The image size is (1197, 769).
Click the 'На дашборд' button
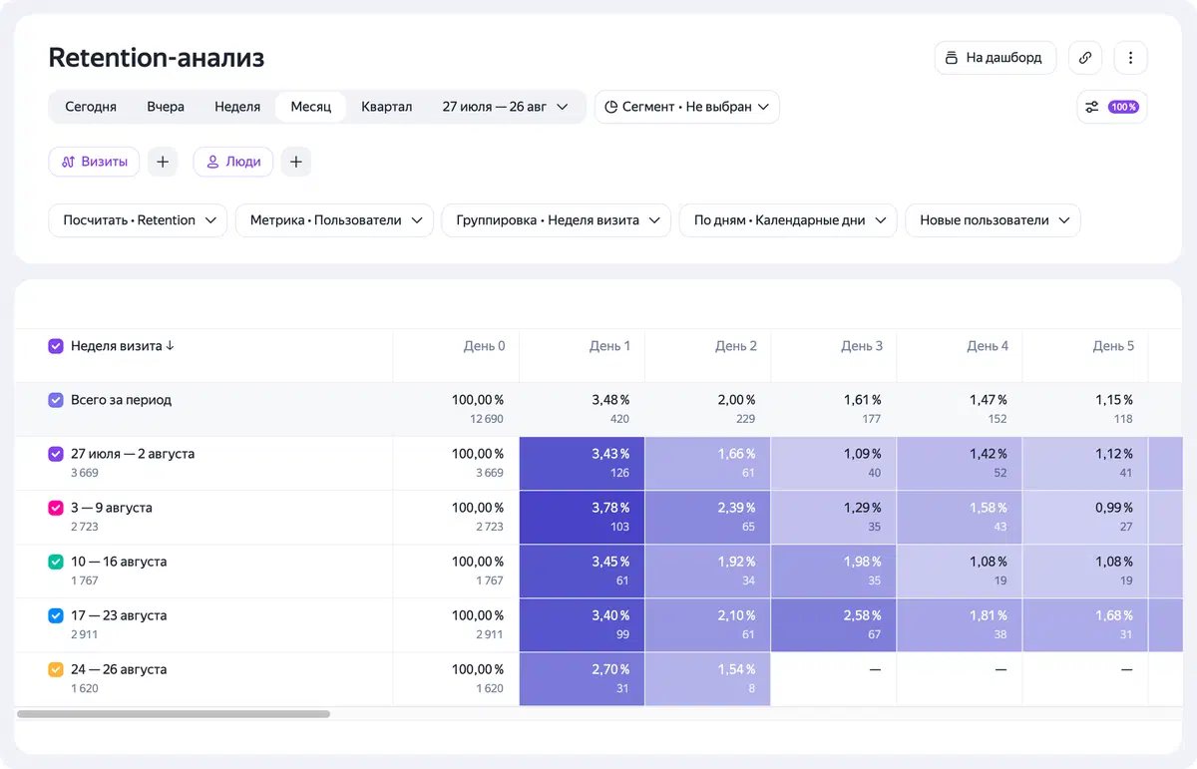pos(996,58)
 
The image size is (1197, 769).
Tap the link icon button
pos(1085,58)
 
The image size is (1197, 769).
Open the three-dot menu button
pos(1130,58)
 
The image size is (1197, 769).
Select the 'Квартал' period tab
pos(386,107)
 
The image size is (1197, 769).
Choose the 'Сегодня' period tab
pos(91,107)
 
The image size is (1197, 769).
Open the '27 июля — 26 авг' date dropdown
pos(505,107)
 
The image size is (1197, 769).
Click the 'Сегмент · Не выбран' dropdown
pos(686,107)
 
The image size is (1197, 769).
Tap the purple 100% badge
pos(1123,107)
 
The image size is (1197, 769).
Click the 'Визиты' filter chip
pos(94,162)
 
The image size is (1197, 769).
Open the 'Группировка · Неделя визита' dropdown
pos(557,220)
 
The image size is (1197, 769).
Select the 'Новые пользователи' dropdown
pos(993,220)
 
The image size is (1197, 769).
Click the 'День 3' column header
pos(862,346)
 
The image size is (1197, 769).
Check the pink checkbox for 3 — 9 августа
pos(56,508)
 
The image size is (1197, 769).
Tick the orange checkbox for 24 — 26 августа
pos(56,669)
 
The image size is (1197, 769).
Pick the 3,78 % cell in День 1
pos(582,518)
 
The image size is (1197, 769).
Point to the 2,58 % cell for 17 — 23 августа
pos(833,624)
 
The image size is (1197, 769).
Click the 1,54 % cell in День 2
pos(707,678)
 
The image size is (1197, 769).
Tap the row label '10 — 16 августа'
pos(119,562)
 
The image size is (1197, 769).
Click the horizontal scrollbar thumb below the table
pos(174,714)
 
